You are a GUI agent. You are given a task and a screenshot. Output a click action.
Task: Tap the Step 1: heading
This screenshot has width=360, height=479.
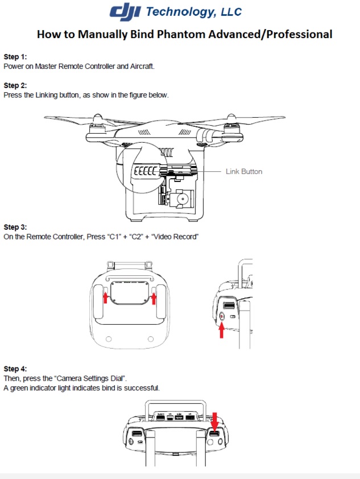pos(15,57)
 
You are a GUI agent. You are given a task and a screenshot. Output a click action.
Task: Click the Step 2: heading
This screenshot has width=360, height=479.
pos(15,86)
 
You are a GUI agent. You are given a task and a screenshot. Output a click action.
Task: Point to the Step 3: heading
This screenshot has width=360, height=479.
pos(15,227)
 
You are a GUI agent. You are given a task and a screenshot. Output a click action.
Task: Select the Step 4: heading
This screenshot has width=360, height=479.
pos(15,369)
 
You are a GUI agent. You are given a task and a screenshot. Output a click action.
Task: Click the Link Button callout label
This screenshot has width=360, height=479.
pos(243,171)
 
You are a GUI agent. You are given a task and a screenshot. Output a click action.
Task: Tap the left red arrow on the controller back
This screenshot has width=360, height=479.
pos(105,297)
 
